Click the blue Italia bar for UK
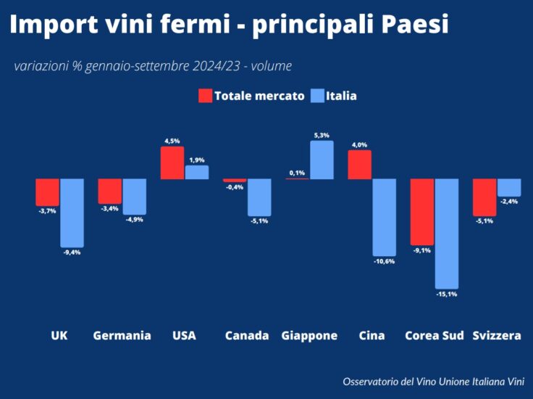click(x=72, y=213)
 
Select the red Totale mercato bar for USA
click(x=172, y=163)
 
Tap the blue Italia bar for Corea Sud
click(x=447, y=234)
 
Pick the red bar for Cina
click(x=360, y=165)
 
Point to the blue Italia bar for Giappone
click(x=322, y=160)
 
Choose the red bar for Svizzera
click(x=484, y=197)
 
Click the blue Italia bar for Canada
click(x=259, y=197)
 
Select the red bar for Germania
click(x=110, y=191)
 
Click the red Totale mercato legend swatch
click(x=205, y=96)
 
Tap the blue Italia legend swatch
click(x=316, y=96)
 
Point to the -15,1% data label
click(x=448, y=295)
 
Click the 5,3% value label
click(x=322, y=135)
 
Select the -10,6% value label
click(x=385, y=261)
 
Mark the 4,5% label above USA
click(x=172, y=141)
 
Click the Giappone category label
click(x=309, y=336)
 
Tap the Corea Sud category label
click(x=435, y=336)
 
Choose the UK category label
click(x=59, y=336)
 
